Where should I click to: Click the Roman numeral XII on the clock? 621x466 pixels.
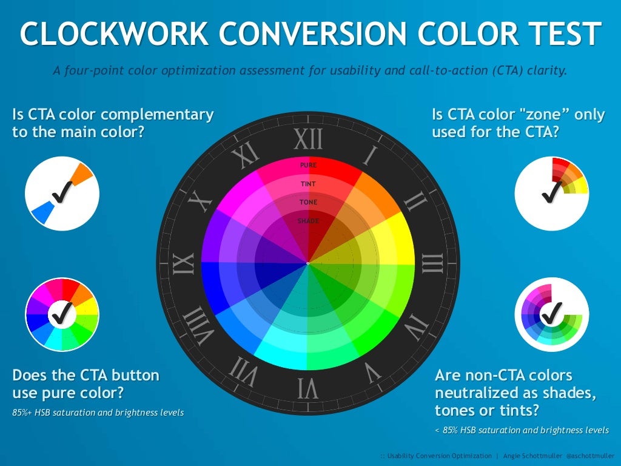pos(308,140)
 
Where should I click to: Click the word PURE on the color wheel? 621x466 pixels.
pos(308,164)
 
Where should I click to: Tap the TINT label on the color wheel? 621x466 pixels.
pos(308,184)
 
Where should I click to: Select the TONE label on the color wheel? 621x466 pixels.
pos(308,202)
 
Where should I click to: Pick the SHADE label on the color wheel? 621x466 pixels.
pos(308,221)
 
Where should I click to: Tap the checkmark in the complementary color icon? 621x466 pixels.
pos(62,193)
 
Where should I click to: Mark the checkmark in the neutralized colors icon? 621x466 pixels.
pos(551,314)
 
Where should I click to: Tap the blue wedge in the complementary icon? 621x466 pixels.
pos(41,212)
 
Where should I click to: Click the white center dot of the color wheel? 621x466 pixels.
pos(308,263)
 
